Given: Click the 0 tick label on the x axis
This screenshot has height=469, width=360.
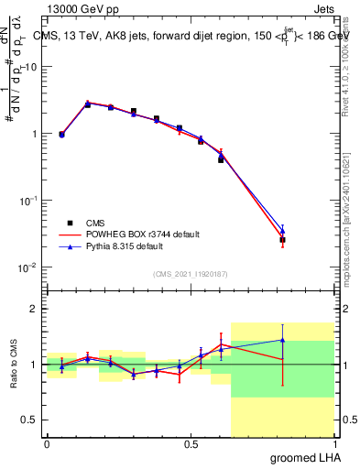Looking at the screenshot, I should [x=47, y=443].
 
